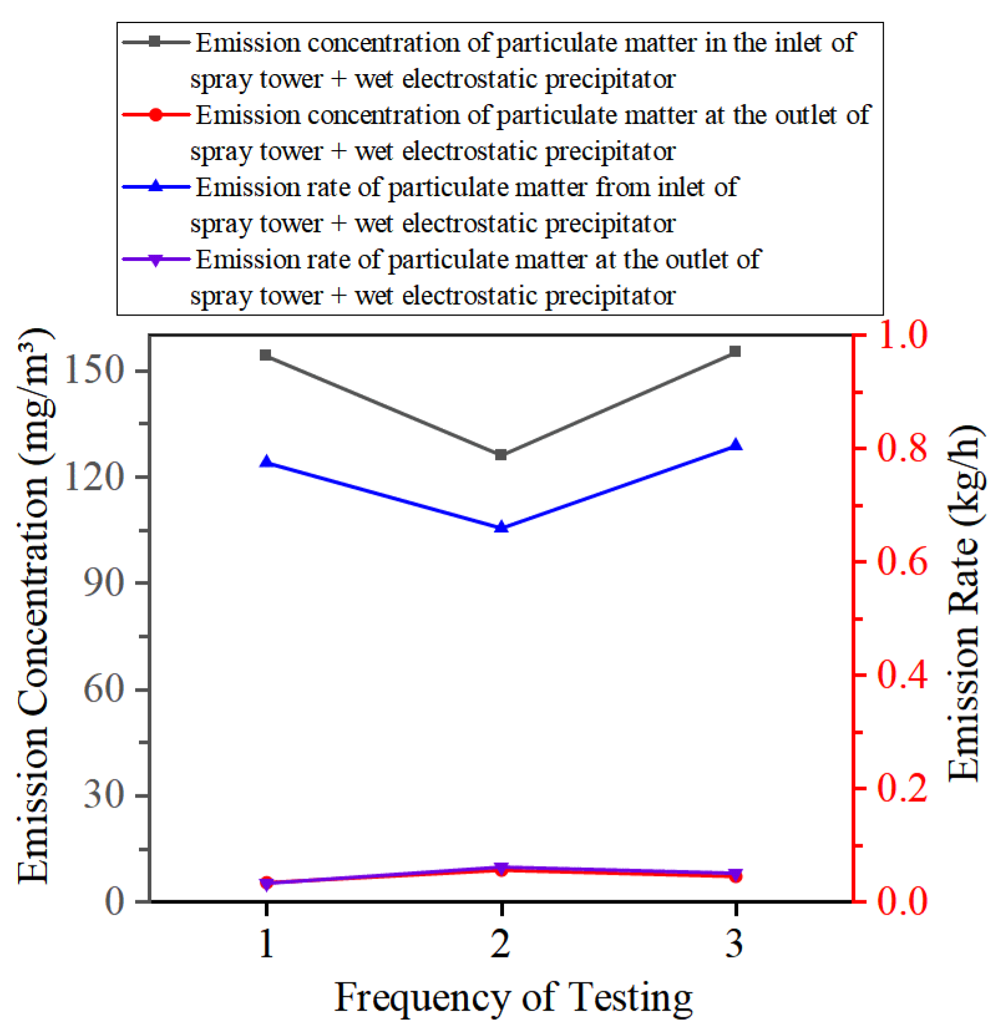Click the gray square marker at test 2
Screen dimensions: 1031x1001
click(x=501, y=454)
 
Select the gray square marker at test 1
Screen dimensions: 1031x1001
click(x=266, y=355)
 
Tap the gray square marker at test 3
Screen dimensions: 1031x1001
click(x=735, y=351)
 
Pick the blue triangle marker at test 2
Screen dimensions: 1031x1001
click(x=501, y=527)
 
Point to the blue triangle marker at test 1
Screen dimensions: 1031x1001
click(x=266, y=461)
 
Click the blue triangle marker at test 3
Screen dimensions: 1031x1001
click(x=735, y=445)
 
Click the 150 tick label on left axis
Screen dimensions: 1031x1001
click(x=95, y=370)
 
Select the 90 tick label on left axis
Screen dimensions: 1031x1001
click(x=104, y=583)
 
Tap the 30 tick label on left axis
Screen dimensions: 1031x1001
click(x=104, y=794)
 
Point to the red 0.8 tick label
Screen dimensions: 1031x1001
click(x=902, y=448)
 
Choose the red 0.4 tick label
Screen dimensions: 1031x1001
click(x=902, y=674)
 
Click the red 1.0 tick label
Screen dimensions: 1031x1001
click(x=902, y=334)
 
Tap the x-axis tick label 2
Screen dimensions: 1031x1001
click(x=501, y=943)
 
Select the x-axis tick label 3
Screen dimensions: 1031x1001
click(x=735, y=943)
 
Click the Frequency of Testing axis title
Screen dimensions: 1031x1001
click(x=513, y=997)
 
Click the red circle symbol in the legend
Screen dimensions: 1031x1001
click(x=156, y=115)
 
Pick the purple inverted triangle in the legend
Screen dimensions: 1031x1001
click(x=156, y=260)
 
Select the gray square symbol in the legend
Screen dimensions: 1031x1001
click(x=156, y=42)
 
